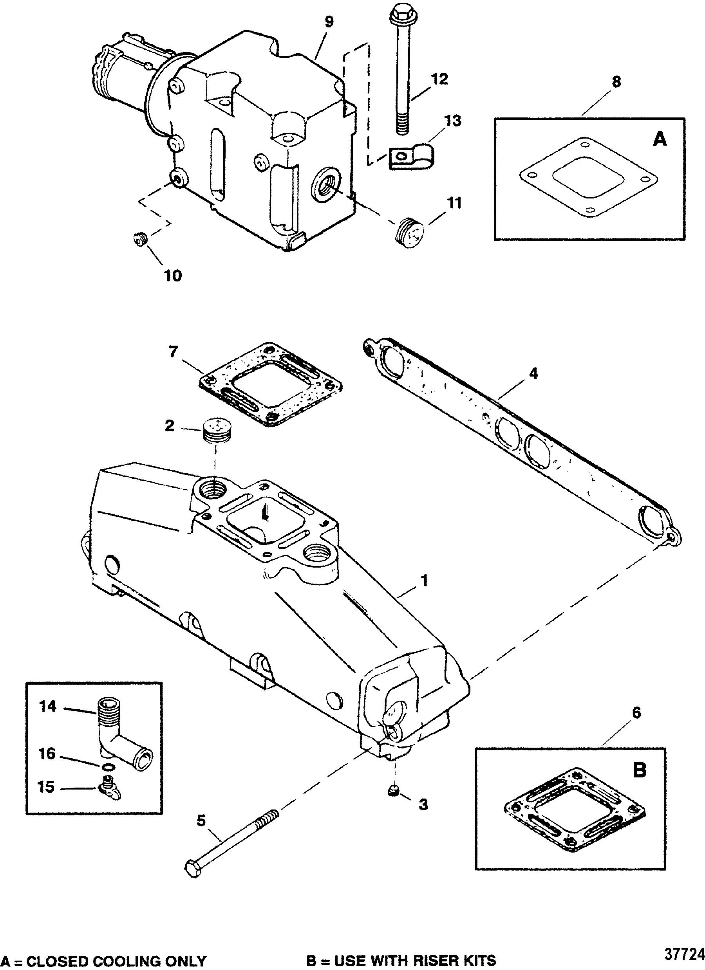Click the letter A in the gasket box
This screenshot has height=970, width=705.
point(660,139)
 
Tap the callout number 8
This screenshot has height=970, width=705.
point(616,82)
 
